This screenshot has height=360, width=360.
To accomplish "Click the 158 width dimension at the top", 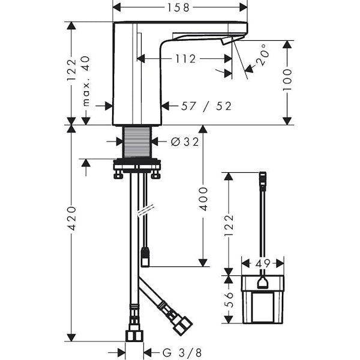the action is click(x=178, y=8).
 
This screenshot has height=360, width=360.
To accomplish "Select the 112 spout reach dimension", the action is click(x=186, y=59).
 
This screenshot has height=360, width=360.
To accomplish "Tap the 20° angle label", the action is click(x=262, y=55).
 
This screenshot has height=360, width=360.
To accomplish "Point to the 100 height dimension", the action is click(x=287, y=80).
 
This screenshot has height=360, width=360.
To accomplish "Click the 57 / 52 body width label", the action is click(x=206, y=106).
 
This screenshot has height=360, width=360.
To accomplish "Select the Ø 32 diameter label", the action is click(x=185, y=142).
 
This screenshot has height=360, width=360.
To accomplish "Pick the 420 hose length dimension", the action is click(x=71, y=218).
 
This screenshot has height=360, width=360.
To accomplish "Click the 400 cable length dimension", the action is click(x=203, y=199).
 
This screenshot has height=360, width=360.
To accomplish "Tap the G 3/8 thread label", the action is click(x=182, y=352).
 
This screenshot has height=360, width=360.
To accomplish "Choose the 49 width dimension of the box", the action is click(x=263, y=263).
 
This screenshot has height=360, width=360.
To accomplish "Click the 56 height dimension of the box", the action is click(x=229, y=299).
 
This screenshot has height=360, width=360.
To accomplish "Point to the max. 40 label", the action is click(x=86, y=81).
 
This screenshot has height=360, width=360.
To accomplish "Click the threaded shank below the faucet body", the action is click(x=137, y=142).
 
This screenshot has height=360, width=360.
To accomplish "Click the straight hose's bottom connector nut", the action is click(x=134, y=336).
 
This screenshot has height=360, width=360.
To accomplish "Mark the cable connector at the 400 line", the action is click(x=145, y=257).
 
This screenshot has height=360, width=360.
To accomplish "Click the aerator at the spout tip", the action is click(x=226, y=42).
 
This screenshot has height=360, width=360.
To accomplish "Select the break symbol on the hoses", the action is click(x=145, y=209).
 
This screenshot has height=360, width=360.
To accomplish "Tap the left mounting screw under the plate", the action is click(x=118, y=174).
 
